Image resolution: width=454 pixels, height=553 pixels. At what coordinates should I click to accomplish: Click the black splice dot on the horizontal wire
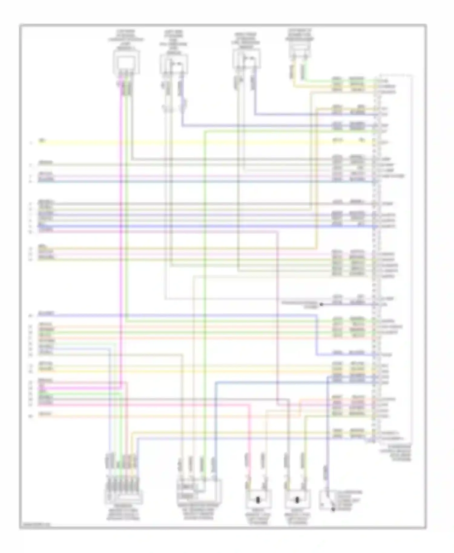tap(321, 304)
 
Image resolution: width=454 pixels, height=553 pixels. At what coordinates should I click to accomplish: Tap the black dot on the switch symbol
tap(333, 509)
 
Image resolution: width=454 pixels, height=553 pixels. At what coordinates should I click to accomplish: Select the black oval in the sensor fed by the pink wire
tap(258, 500)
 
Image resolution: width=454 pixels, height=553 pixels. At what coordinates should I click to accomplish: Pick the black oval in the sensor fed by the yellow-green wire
tap(297, 500)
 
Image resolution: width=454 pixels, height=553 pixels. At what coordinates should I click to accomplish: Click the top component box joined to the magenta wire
tap(126, 62)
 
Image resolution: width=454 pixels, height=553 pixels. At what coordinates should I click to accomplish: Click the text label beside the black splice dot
tap(300, 304)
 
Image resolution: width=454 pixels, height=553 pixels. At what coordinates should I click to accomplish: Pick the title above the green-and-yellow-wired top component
tap(299, 35)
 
